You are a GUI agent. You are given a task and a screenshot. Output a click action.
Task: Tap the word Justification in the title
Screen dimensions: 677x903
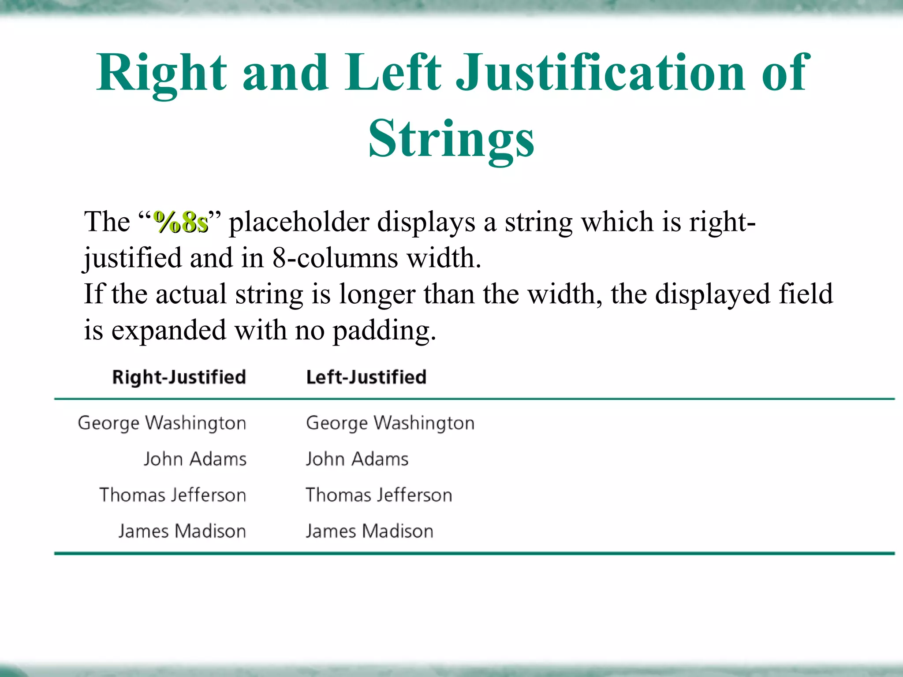point(600,73)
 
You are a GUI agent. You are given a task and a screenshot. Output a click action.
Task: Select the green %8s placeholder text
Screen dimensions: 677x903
point(180,222)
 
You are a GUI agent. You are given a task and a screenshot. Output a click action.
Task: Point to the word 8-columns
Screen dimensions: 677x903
point(335,258)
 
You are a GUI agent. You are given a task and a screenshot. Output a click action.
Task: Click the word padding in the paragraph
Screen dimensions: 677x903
point(384,331)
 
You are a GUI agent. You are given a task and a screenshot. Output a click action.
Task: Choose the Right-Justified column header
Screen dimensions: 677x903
point(179,377)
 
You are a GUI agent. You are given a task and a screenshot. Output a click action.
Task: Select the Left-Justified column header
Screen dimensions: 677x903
point(366,377)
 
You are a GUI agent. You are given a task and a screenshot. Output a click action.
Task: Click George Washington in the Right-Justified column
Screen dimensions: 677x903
point(162,423)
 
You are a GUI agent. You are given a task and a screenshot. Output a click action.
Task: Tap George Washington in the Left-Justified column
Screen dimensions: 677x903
point(390,423)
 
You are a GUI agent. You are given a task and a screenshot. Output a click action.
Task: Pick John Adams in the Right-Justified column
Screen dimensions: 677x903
point(195,459)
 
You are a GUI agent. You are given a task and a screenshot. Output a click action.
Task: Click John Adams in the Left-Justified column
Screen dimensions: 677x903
point(357,459)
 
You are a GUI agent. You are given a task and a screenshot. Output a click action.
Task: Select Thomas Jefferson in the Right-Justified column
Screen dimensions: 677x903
point(172,495)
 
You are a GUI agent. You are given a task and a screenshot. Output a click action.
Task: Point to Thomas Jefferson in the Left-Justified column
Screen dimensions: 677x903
point(379,495)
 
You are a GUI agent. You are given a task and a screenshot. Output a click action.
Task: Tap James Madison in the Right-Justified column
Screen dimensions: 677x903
point(182,532)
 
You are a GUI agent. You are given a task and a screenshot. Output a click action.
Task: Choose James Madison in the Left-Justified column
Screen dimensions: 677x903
point(369,532)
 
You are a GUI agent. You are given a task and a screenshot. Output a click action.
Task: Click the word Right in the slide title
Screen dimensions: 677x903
point(161,73)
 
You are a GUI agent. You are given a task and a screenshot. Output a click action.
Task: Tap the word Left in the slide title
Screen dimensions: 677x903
point(392,73)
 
